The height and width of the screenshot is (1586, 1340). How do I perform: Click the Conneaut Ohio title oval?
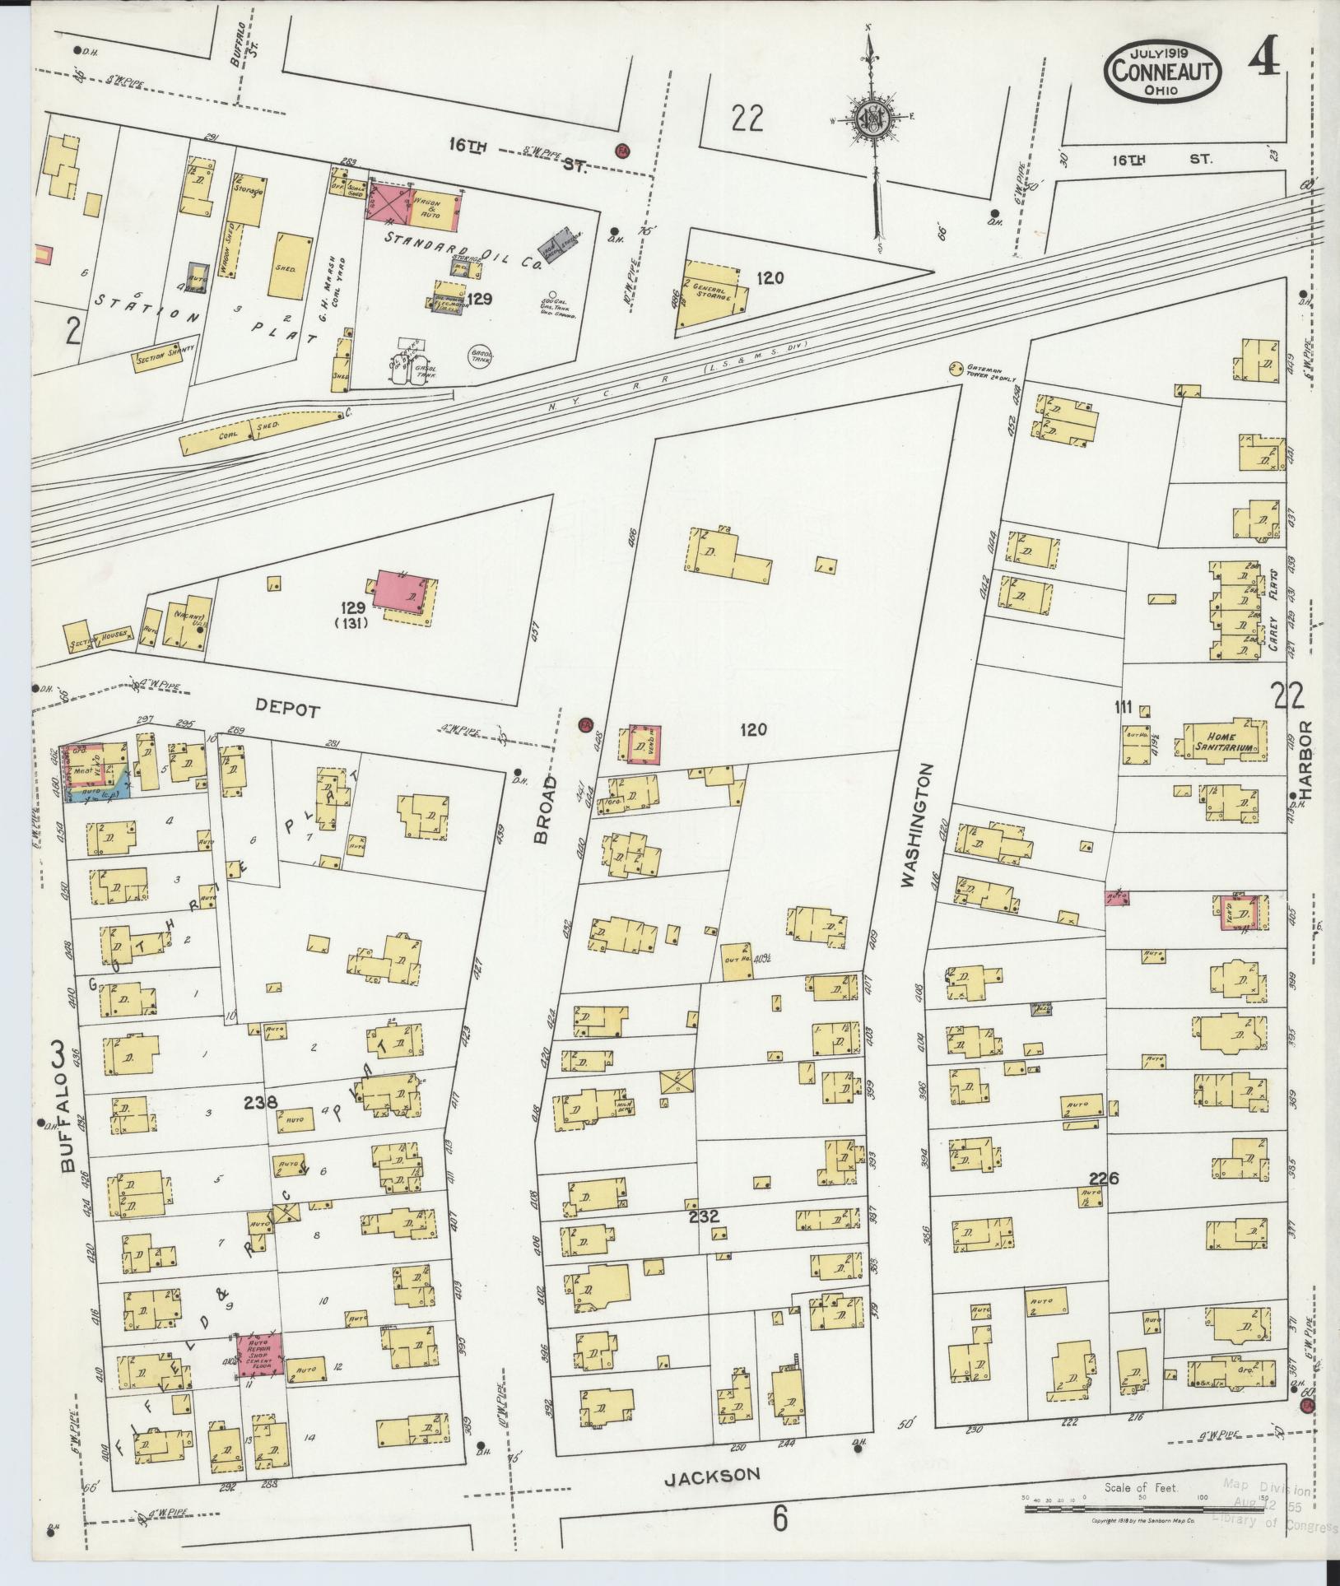click(x=1162, y=71)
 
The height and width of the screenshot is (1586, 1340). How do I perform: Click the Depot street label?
click(x=286, y=710)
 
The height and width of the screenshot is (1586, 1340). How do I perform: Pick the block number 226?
click(x=1102, y=1179)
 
